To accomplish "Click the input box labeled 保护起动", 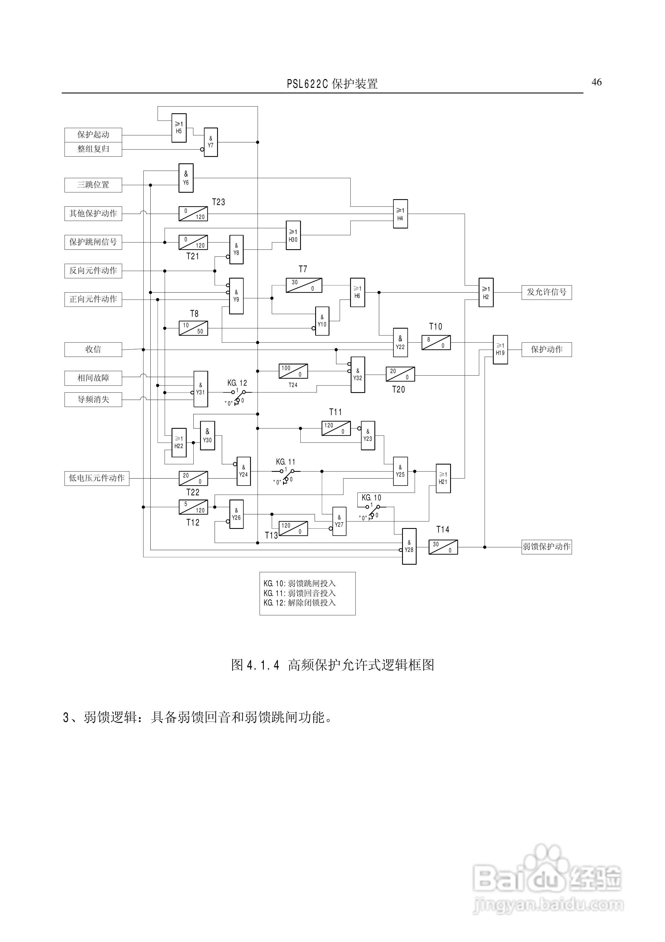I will pos(93,135).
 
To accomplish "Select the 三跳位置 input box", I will pos(93,185).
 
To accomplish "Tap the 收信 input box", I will pos(93,350).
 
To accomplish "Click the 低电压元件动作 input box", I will pos(97,478).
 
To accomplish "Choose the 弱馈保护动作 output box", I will pos(547,547).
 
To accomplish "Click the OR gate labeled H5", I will pos(179,128).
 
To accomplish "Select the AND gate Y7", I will pos(211,142).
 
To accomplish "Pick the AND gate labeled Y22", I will pos(400,343).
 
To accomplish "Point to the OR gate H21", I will pos(443,478).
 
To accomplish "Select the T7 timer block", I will pos(304,286).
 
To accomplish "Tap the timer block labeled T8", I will pos(193,328).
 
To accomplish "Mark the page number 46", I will pos(597,83).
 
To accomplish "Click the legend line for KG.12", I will pos(300,603).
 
